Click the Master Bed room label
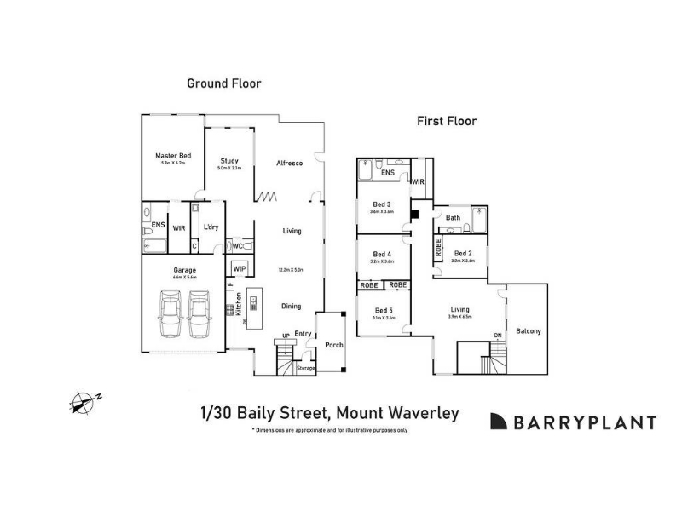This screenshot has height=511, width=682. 173,156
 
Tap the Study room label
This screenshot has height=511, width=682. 228,160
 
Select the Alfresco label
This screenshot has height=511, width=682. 290,163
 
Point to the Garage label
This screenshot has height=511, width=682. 185,270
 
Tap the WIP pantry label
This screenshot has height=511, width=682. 240,269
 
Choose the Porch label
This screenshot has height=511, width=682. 334,345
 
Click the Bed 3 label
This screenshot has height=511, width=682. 382,204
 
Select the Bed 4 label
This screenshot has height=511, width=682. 383,255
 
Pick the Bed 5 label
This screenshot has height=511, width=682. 383,310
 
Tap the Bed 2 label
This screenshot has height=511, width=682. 463,254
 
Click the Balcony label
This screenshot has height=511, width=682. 529,331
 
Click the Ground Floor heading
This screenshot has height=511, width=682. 224,83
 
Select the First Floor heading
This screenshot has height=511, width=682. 446,121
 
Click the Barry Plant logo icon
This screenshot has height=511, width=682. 499,422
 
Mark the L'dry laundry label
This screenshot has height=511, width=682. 211,227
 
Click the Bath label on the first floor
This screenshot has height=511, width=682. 453,218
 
